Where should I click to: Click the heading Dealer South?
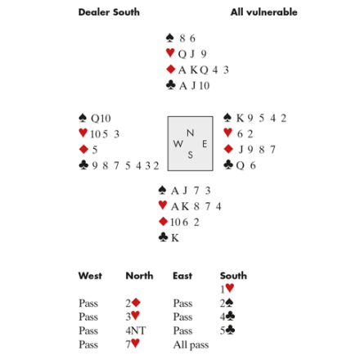109,12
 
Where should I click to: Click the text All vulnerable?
263,12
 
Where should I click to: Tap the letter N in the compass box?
191,133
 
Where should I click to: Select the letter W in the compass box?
178,144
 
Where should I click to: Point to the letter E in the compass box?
205,144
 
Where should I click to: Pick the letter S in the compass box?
191,155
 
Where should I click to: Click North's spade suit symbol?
170,38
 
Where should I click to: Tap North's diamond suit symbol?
171,70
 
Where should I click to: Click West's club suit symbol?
83,164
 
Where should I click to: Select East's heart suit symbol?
227,133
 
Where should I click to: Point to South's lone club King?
175,238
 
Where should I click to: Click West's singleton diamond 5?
95,150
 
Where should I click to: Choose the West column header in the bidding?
90,276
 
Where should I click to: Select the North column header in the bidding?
139,276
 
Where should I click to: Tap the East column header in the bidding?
182,276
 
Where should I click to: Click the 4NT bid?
136,331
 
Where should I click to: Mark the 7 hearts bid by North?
133,344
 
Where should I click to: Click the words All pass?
191,344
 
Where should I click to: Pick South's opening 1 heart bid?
227,289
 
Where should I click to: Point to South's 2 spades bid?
227,303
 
